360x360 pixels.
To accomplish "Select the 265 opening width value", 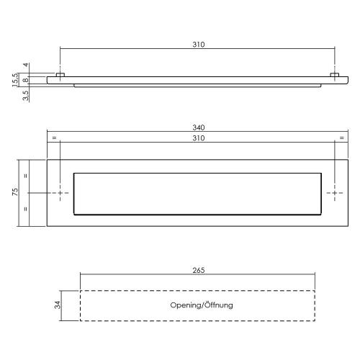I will pyautogui.click(x=199, y=271).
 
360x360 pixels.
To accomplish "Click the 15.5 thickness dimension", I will pyautogui.click(x=15, y=78).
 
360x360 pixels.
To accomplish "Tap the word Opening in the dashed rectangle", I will pyautogui.click(x=185, y=305).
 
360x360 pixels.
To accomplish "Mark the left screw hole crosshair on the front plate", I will pyautogui.click(x=60, y=193).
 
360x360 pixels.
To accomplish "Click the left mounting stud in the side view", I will pyautogui.click(x=60, y=75).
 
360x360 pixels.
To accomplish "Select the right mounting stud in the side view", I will pyautogui.click(x=335, y=75).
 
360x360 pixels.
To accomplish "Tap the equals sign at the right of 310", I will pyautogui.click(x=341, y=138).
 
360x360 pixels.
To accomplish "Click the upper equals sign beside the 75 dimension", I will pyautogui.click(x=26, y=176).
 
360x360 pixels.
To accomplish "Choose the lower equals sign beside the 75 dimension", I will pyautogui.click(x=26, y=210).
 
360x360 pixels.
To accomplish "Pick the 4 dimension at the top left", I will pyautogui.click(x=25, y=66).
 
